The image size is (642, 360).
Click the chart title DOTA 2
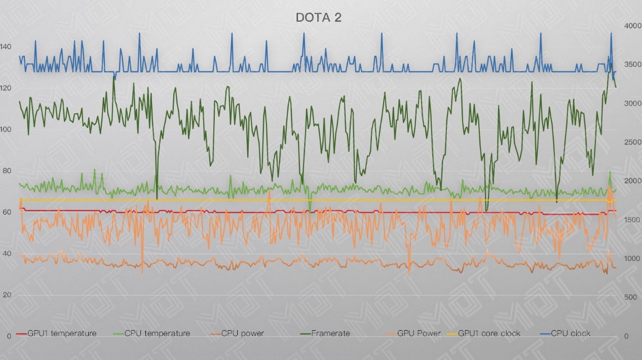click(x=319, y=18)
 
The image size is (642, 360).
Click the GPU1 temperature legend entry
click(x=62, y=333)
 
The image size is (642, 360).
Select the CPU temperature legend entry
click(x=157, y=333)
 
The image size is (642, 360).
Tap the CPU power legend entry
click(x=243, y=333)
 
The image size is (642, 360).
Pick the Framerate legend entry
click(x=330, y=333)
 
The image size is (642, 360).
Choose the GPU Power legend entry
click(x=419, y=333)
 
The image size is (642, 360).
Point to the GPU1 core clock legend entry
click(x=489, y=333)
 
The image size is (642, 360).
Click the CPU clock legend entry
click(x=571, y=333)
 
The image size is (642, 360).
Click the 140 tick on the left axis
click(x=6, y=47)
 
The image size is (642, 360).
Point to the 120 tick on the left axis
click(x=6, y=88)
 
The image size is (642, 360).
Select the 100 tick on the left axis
click(x=6, y=130)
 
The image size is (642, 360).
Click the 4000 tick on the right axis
click(x=630, y=26)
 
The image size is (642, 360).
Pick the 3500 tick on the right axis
click(x=630, y=65)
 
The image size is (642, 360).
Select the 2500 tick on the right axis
click(x=630, y=142)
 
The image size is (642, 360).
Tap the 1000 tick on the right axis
click(x=630, y=259)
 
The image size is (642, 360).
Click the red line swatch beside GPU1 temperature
click(x=21, y=334)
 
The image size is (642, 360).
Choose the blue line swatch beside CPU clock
click(x=543, y=334)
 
